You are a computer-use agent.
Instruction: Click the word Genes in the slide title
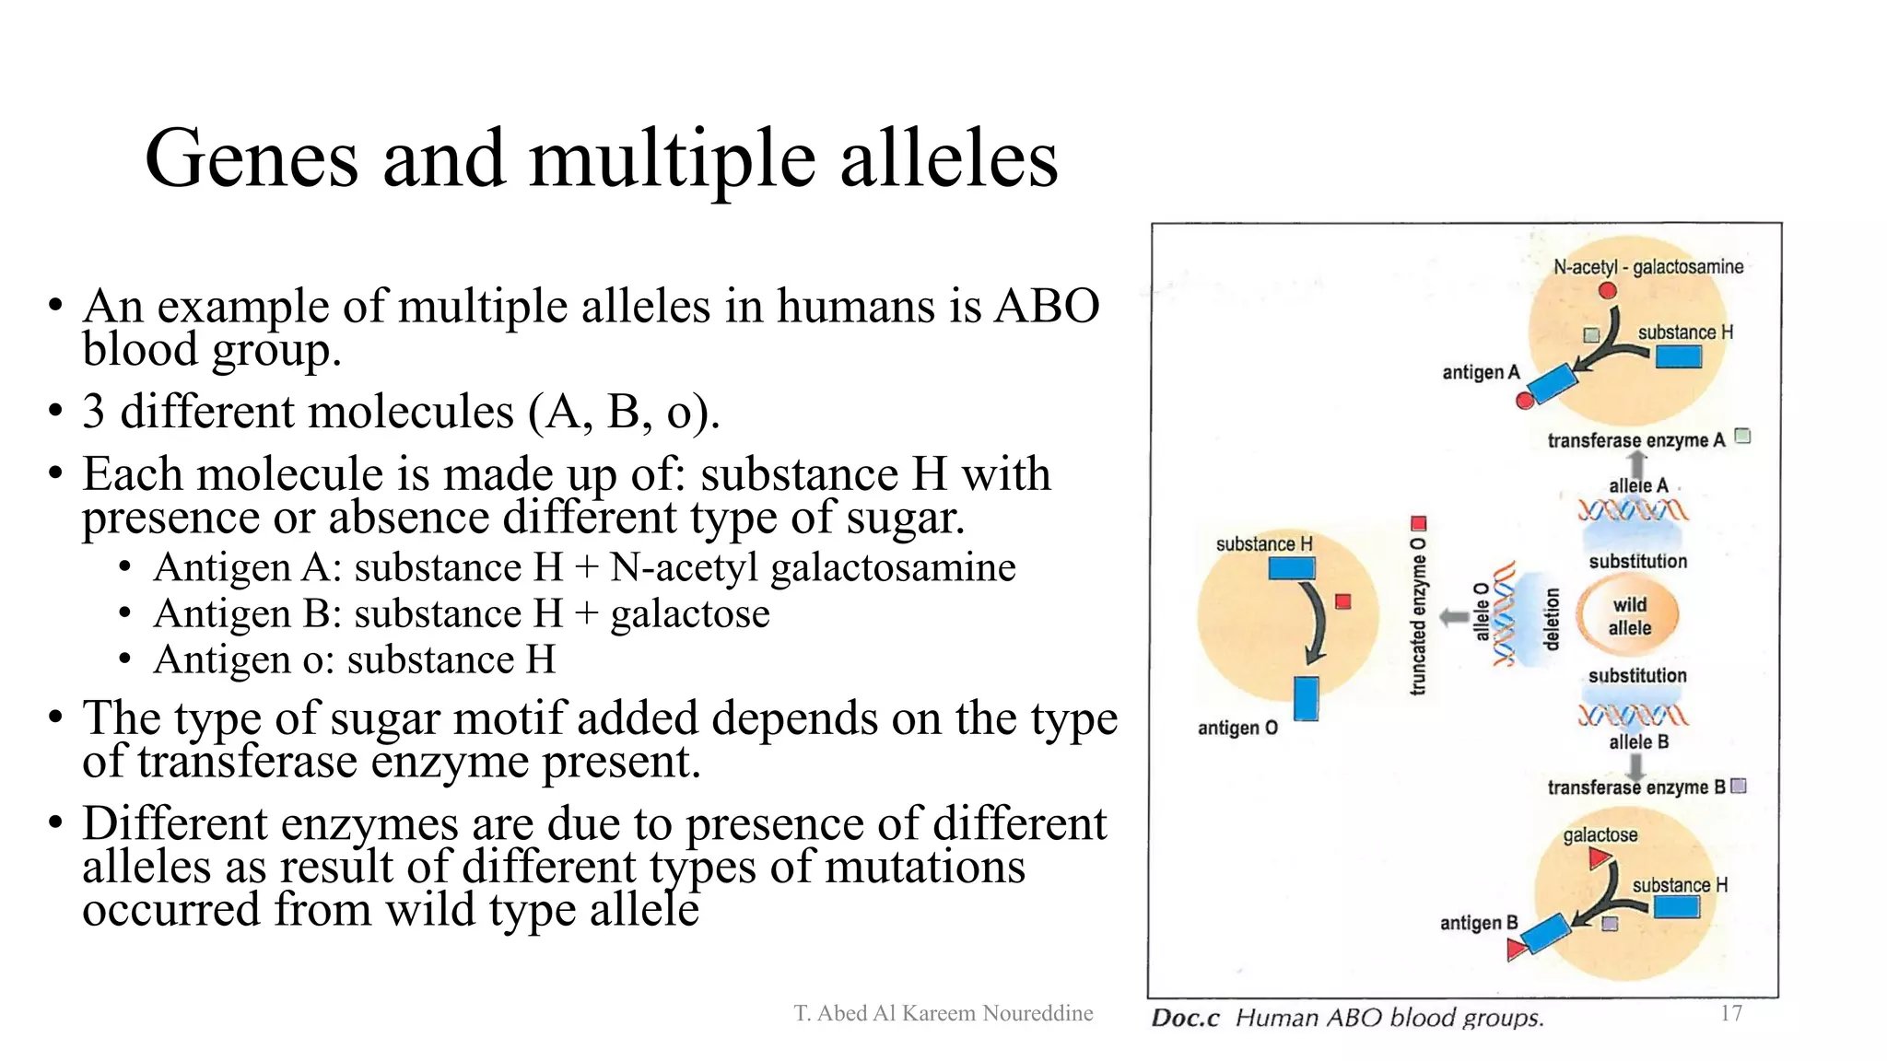tap(251, 158)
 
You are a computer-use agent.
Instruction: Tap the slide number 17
tap(1730, 1013)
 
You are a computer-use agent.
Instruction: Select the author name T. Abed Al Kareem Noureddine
tap(943, 1013)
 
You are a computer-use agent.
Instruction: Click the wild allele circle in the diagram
tap(1628, 616)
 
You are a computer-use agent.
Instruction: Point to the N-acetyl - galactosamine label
tap(1648, 267)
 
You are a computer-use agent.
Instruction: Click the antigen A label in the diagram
tap(1480, 372)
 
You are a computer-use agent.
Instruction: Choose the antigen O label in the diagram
tap(1237, 728)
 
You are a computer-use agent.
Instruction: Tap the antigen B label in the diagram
tap(1478, 923)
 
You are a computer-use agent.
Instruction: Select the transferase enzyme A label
tap(1635, 440)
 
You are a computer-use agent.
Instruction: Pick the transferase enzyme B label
tap(1635, 787)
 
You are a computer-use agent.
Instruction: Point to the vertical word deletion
tap(1552, 619)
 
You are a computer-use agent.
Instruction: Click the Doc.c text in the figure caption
tap(1185, 1018)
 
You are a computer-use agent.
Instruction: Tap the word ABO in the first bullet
tap(1046, 306)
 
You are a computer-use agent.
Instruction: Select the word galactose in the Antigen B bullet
tap(690, 613)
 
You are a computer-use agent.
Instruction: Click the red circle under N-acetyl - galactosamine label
tap(1608, 291)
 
